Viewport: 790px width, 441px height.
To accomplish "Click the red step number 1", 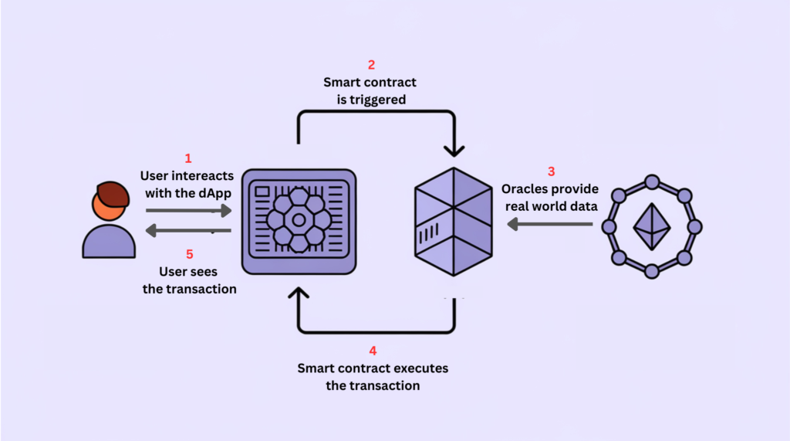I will click(188, 158).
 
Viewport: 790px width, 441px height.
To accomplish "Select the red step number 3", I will click(551, 171).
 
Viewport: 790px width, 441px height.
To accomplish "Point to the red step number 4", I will click(373, 350).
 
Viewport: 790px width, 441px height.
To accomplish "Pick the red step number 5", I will click(187, 253).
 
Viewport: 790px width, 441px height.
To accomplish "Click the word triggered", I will click(379, 100).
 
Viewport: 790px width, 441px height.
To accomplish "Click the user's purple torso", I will click(109, 241).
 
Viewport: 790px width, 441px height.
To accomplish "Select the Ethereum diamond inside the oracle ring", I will click(651, 226).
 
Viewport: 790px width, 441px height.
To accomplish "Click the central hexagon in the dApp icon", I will click(299, 219).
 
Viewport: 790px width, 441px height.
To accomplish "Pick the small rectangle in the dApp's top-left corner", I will click(262, 190).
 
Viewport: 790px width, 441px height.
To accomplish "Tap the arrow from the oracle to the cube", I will click(550, 225).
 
